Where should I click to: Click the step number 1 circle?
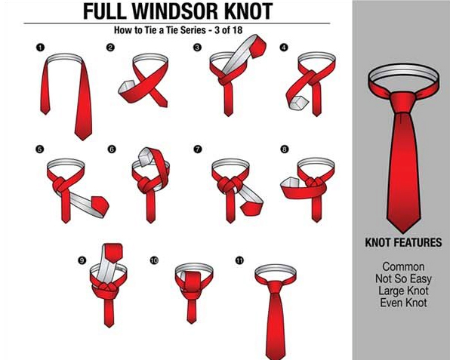[x=41, y=48]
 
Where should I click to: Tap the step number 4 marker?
[x=284, y=48]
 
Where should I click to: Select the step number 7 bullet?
[x=198, y=149]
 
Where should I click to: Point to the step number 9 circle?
[x=82, y=260]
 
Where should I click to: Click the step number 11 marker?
[x=239, y=260]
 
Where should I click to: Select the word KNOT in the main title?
[x=248, y=11]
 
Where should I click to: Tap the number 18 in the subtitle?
[x=237, y=30]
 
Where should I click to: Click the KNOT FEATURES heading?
[x=403, y=242]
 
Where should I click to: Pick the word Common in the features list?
[x=403, y=266]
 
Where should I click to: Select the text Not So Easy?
[x=403, y=278]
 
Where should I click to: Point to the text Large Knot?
[x=403, y=291]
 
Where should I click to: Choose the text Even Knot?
[x=403, y=303]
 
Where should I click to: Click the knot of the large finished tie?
[x=403, y=102]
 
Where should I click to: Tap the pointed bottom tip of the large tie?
[x=403, y=232]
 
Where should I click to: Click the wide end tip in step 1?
[x=83, y=139]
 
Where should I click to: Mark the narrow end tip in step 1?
[x=45, y=114]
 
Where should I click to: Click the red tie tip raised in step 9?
[x=113, y=252]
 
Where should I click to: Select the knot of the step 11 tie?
[x=275, y=286]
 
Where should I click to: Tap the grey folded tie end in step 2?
[x=125, y=87]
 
